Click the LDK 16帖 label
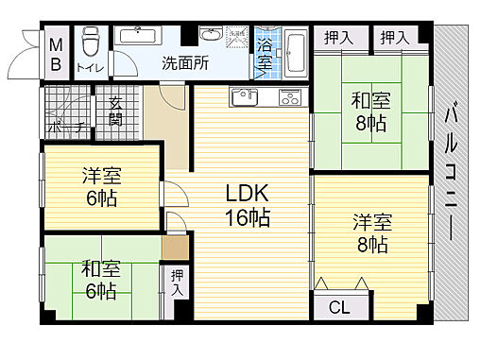pos(248,205)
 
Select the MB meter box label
pos(56,54)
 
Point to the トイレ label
pos(91,67)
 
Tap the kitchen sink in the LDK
pos(243,96)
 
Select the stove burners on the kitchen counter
pos(287,95)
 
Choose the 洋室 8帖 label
pos(371,233)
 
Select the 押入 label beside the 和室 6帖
pos(176,283)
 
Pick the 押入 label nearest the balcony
pos(395,38)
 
